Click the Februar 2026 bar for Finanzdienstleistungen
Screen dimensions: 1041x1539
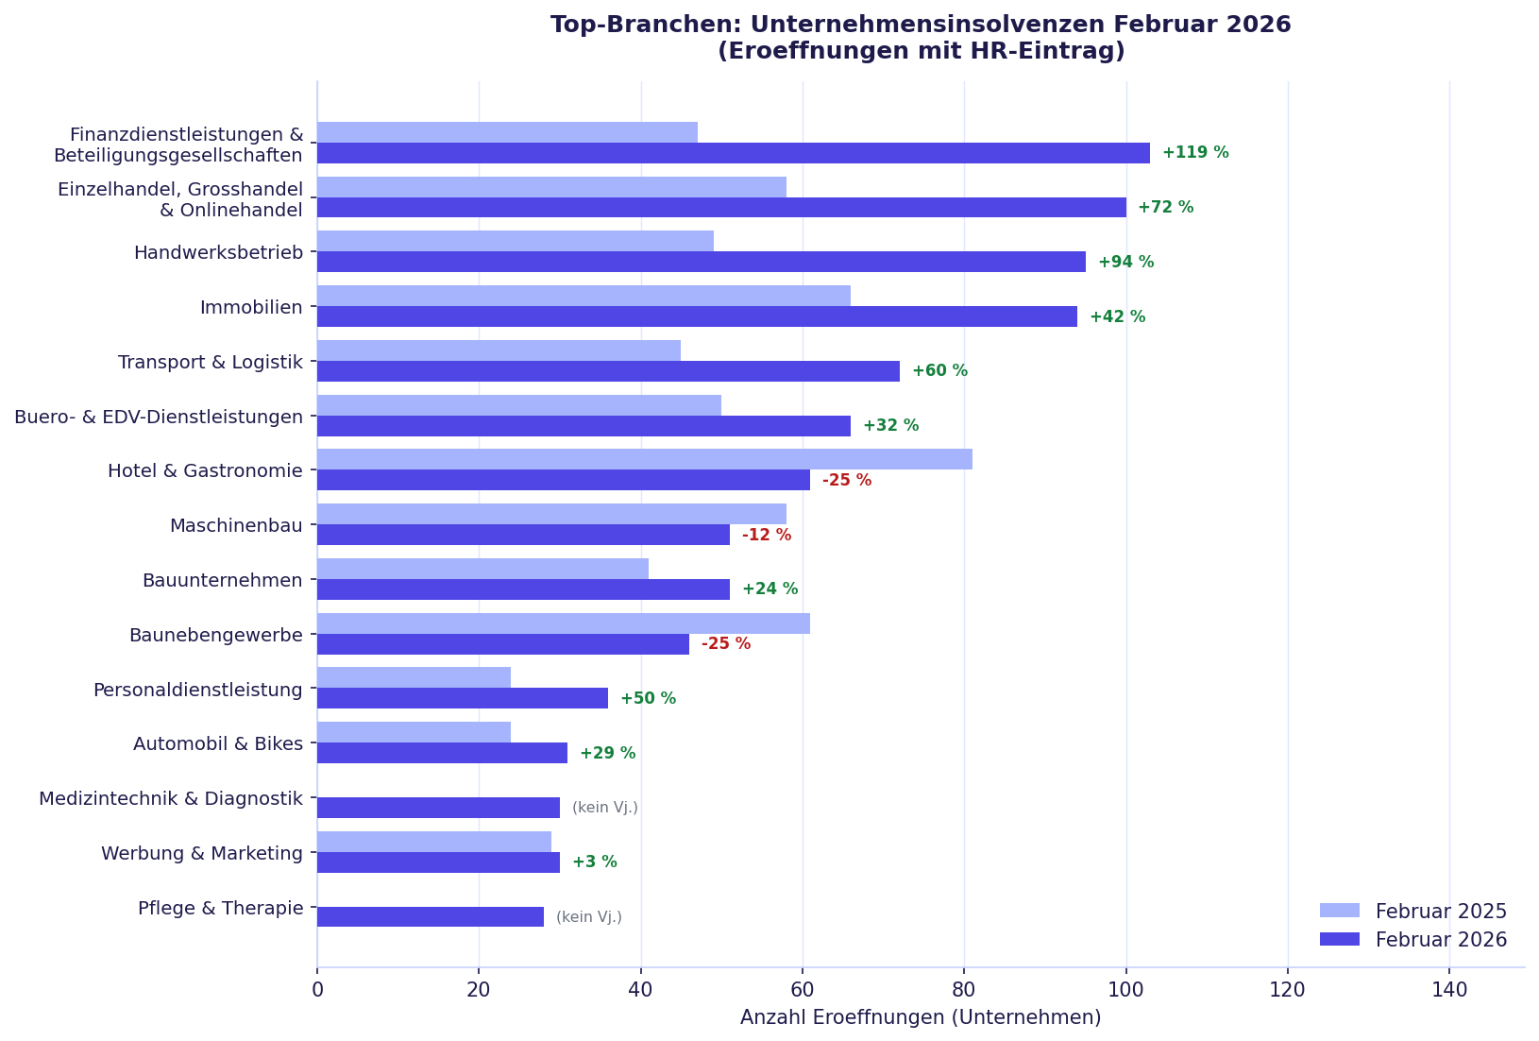[x=733, y=153]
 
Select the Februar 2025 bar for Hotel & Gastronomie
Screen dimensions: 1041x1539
[x=644, y=459]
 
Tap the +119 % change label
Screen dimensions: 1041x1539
[x=1194, y=153]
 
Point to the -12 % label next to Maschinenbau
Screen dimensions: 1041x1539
[x=766, y=536]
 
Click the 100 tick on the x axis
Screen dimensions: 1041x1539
[x=1125, y=990]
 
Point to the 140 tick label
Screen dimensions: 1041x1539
[x=1448, y=990]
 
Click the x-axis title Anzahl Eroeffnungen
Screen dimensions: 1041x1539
[x=920, y=1018]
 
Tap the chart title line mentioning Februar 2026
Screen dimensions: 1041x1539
[x=920, y=25]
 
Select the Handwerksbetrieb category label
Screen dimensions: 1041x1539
[x=218, y=253]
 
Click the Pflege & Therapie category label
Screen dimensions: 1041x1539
[x=220, y=909]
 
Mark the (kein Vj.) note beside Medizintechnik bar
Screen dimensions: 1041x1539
[x=604, y=808]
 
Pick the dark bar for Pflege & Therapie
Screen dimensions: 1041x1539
[x=430, y=917]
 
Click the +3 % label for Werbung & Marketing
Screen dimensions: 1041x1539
[x=594, y=862]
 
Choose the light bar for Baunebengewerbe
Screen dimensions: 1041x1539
[x=563, y=623]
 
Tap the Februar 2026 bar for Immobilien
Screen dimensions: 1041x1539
[x=697, y=316]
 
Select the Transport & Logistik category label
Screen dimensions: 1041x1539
[x=210, y=363]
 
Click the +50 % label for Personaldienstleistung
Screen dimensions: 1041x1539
[x=648, y=699]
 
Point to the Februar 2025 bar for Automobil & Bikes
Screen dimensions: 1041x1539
[x=414, y=732]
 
